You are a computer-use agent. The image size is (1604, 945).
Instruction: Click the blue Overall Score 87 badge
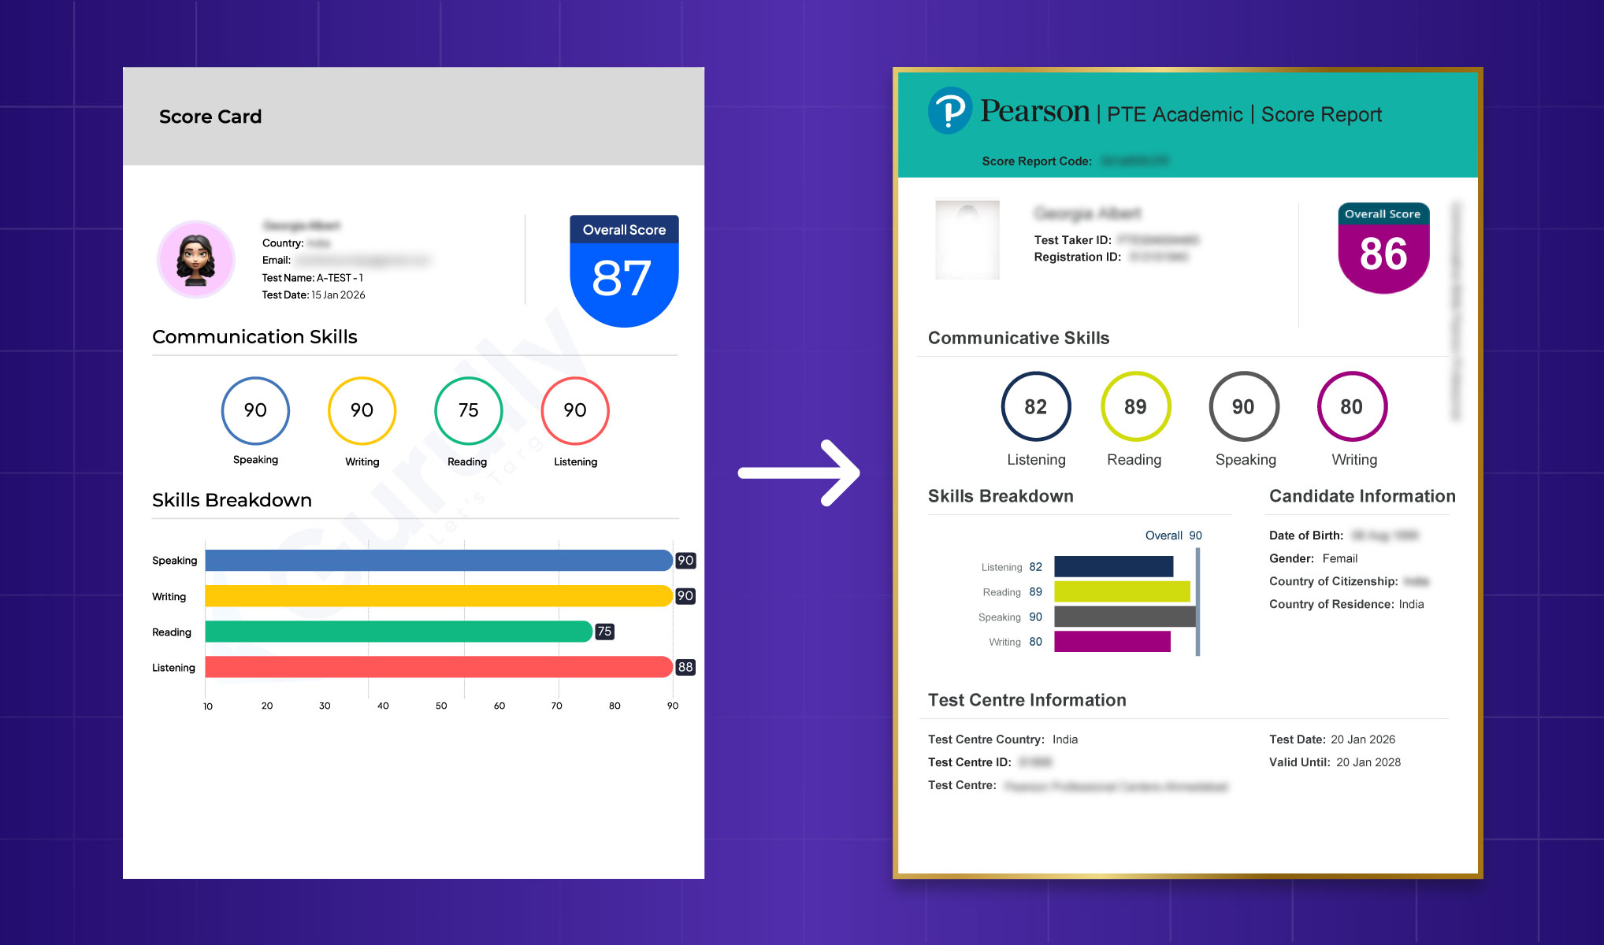624,272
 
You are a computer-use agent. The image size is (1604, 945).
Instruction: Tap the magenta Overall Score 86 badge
1383,250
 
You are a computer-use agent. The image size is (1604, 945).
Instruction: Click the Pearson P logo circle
950,110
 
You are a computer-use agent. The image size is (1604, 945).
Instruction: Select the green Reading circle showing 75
468,410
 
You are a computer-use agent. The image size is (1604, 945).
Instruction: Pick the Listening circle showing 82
1035,406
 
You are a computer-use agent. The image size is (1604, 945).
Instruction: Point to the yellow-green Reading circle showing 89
1135,406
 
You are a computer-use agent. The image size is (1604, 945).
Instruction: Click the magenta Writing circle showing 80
1351,406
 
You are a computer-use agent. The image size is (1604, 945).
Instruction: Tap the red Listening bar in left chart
438,667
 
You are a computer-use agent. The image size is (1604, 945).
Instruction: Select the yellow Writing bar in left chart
438,596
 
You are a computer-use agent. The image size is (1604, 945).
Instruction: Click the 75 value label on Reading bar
604,632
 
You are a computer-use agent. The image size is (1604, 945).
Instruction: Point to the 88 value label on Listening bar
685,667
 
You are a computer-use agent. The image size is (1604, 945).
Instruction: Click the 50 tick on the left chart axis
441,706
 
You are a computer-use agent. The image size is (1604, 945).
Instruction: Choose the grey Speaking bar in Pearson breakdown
1124,617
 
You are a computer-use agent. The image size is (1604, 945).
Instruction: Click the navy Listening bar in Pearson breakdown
1113,566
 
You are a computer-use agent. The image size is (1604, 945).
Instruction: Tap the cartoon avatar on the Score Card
196,259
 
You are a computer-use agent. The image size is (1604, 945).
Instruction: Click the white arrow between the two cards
800,472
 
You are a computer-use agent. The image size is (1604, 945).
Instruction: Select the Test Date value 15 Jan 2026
338,295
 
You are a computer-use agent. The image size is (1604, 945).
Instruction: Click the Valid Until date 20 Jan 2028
1368,762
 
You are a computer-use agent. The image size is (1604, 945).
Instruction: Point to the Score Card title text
210,117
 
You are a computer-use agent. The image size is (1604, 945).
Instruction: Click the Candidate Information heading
1362,496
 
